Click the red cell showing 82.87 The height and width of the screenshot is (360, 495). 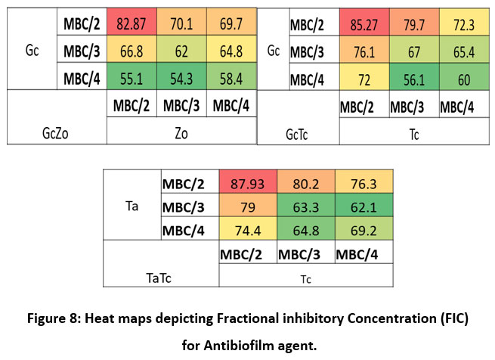pos(133,23)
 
